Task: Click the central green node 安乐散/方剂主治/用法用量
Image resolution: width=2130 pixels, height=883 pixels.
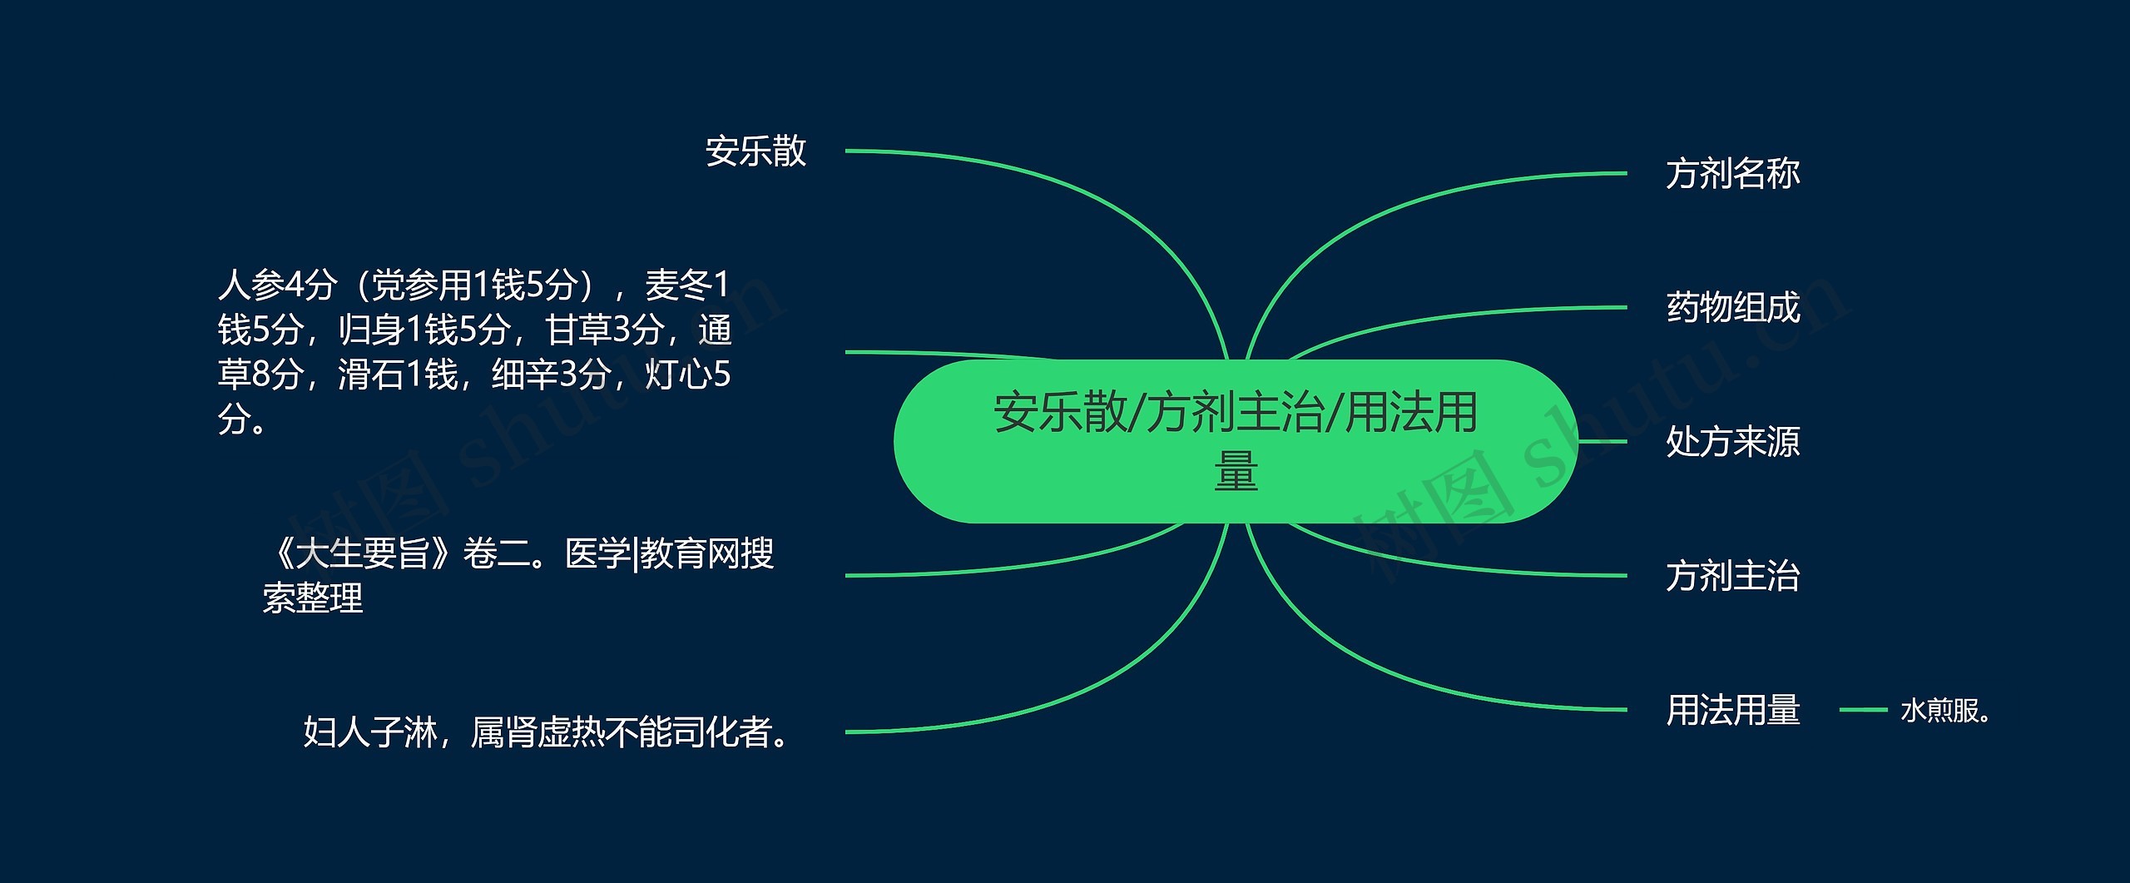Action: coord(1236,441)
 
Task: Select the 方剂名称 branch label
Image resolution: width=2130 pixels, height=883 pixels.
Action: coord(1733,174)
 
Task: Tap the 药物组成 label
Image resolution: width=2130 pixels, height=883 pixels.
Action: coord(1733,308)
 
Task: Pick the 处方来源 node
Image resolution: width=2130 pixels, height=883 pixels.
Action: coord(1733,442)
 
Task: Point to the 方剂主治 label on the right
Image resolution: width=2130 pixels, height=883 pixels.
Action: coord(1733,576)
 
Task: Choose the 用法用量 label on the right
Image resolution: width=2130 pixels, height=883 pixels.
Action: coord(1733,710)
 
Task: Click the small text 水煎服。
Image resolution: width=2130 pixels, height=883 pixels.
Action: coord(1945,711)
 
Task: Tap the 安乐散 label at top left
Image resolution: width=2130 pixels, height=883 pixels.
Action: coord(756,151)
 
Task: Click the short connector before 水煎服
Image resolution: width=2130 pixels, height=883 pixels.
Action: coord(1863,710)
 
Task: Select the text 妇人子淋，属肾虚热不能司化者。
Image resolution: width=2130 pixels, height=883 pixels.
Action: coord(547,732)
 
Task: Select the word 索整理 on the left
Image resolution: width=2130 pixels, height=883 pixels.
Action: coord(313,598)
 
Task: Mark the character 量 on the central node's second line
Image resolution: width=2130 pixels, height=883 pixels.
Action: coord(1236,471)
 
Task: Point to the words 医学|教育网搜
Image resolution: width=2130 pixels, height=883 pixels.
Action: coord(670,553)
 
